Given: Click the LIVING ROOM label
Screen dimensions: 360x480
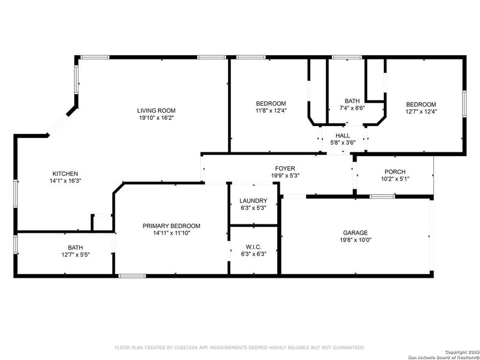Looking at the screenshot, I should (155, 110).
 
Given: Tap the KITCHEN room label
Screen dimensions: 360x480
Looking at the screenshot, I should (65, 173).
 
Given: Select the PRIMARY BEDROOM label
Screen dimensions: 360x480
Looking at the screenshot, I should (171, 226).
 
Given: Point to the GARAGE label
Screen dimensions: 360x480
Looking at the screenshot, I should (355, 232).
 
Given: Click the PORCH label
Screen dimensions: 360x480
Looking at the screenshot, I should (395, 172).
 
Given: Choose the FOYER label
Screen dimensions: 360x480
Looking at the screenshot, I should (285, 169).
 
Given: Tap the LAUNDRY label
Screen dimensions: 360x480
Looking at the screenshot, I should (253, 200).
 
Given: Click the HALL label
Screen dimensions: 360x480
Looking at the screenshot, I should (343, 136).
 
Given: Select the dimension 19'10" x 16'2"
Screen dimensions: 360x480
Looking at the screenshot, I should (155, 118).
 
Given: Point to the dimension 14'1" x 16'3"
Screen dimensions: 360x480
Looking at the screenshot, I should (65, 181).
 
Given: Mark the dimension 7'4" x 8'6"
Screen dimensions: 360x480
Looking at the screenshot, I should (352, 109).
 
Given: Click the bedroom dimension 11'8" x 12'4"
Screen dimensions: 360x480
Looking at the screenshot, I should (271, 111).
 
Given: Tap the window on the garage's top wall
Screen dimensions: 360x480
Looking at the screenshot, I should (382, 196).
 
